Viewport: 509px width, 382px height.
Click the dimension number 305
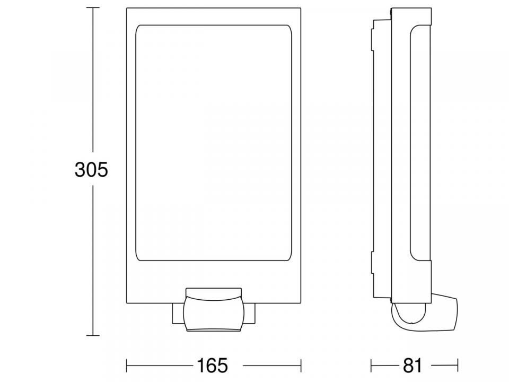click(x=91, y=170)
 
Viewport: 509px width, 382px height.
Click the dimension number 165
click(x=213, y=366)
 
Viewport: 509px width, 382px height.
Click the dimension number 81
click(x=413, y=366)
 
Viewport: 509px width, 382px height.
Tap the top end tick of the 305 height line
click(x=93, y=8)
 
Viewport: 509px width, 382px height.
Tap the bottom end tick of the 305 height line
click(x=93, y=335)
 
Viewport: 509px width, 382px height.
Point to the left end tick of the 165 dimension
click(x=127, y=366)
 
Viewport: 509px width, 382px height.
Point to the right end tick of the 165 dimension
click(x=301, y=366)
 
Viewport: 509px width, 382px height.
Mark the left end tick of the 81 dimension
click(x=371, y=366)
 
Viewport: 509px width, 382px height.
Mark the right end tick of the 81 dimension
click(x=458, y=366)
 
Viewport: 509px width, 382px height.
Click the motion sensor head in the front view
click(x=213, y=309)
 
